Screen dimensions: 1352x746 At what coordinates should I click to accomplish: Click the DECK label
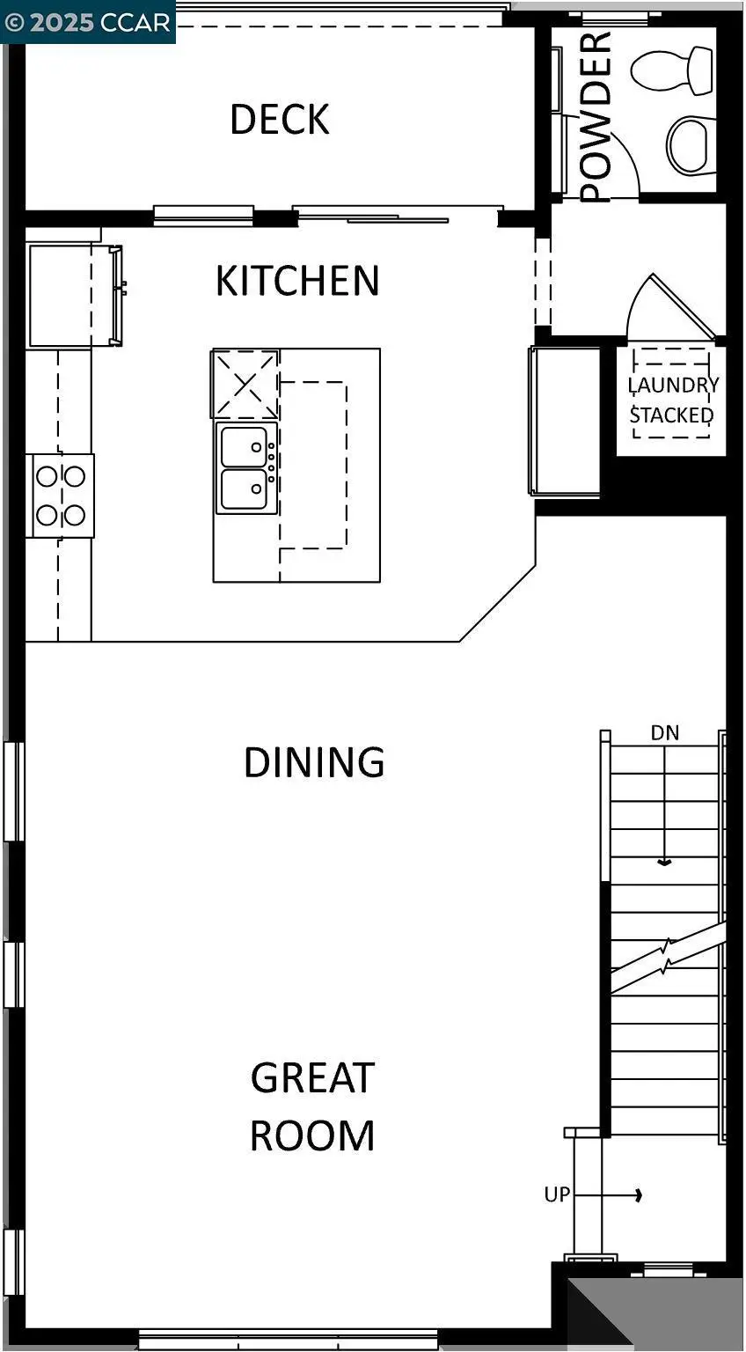(280, 120)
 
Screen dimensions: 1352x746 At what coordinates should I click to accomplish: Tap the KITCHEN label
(297, 281)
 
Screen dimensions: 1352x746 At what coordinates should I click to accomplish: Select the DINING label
(314, 762)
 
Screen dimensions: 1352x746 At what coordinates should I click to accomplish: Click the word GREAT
(312, 1078)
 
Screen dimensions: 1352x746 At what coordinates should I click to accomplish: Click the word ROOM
(312, 1135)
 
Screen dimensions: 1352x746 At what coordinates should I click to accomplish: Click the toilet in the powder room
(673, 71)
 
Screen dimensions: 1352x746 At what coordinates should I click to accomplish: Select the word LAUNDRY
(673, 386)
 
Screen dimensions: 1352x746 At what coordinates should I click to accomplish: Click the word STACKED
(671, 415)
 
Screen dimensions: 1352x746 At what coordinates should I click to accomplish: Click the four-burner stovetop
(61, 496)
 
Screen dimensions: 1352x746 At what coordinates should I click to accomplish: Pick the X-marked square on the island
(245, 384)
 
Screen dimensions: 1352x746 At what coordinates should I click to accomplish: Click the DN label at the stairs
(665, 733)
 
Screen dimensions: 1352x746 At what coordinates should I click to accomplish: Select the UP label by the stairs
(557, 1194)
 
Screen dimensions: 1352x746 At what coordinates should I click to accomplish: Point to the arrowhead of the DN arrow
(666, 863)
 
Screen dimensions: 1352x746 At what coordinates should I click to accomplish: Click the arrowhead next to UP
(639, 1194)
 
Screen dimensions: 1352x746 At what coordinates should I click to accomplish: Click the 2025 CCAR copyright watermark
(88, 22)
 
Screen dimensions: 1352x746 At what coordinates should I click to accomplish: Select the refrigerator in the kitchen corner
(62, 296)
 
